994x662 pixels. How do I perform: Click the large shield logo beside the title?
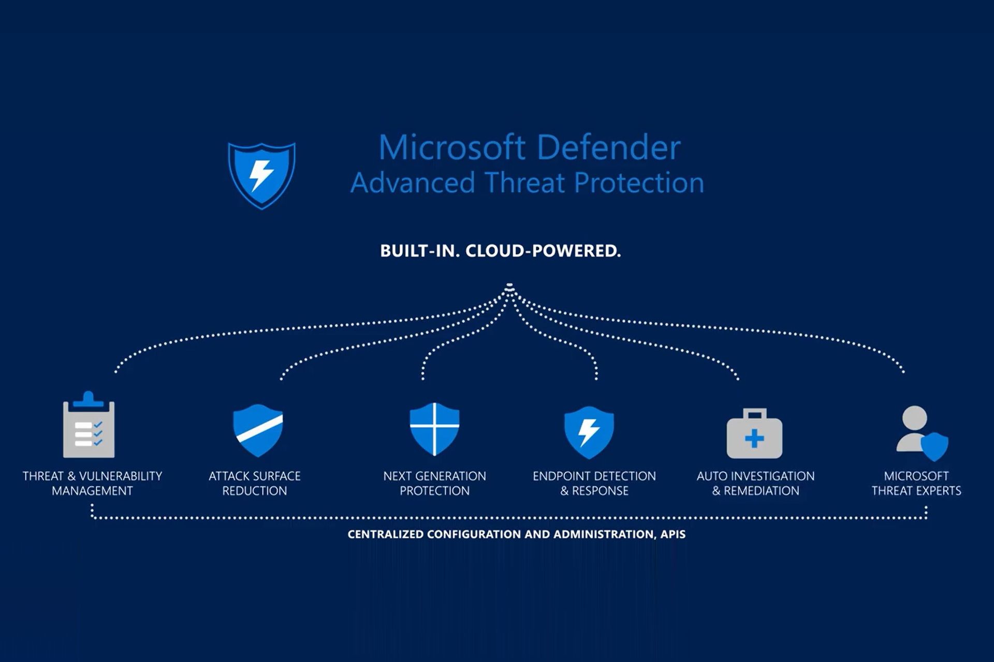(x=262, y=175)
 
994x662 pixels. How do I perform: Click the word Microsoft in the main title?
(x=452, y=148)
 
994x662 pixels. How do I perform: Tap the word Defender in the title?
(x=609, y=148)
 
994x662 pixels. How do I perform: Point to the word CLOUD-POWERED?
(x=543, y=251)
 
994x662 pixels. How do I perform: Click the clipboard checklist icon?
(x=89, y=427)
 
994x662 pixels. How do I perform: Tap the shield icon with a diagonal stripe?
(x=258, y=430)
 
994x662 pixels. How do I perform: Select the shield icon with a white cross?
(x=434, y=429)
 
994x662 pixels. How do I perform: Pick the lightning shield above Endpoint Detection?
(x=589, y=432)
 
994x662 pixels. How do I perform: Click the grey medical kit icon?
(x=754, y=434)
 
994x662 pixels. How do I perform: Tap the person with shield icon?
(x=922, y=433)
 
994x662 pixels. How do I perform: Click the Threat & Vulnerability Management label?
(x=92, y=483)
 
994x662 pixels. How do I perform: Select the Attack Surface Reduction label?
(x=255, y=483)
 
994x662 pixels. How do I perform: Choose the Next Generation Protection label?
(x=434, y=483)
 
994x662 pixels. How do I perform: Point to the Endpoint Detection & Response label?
(x=594, y=483)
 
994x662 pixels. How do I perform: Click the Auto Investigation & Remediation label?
(x=755, y=483)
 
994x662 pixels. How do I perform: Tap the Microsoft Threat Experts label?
(x=916, y=483)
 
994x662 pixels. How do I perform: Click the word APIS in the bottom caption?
(x=673, y=534)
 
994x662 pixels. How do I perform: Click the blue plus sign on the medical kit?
(x=754, y=439)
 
